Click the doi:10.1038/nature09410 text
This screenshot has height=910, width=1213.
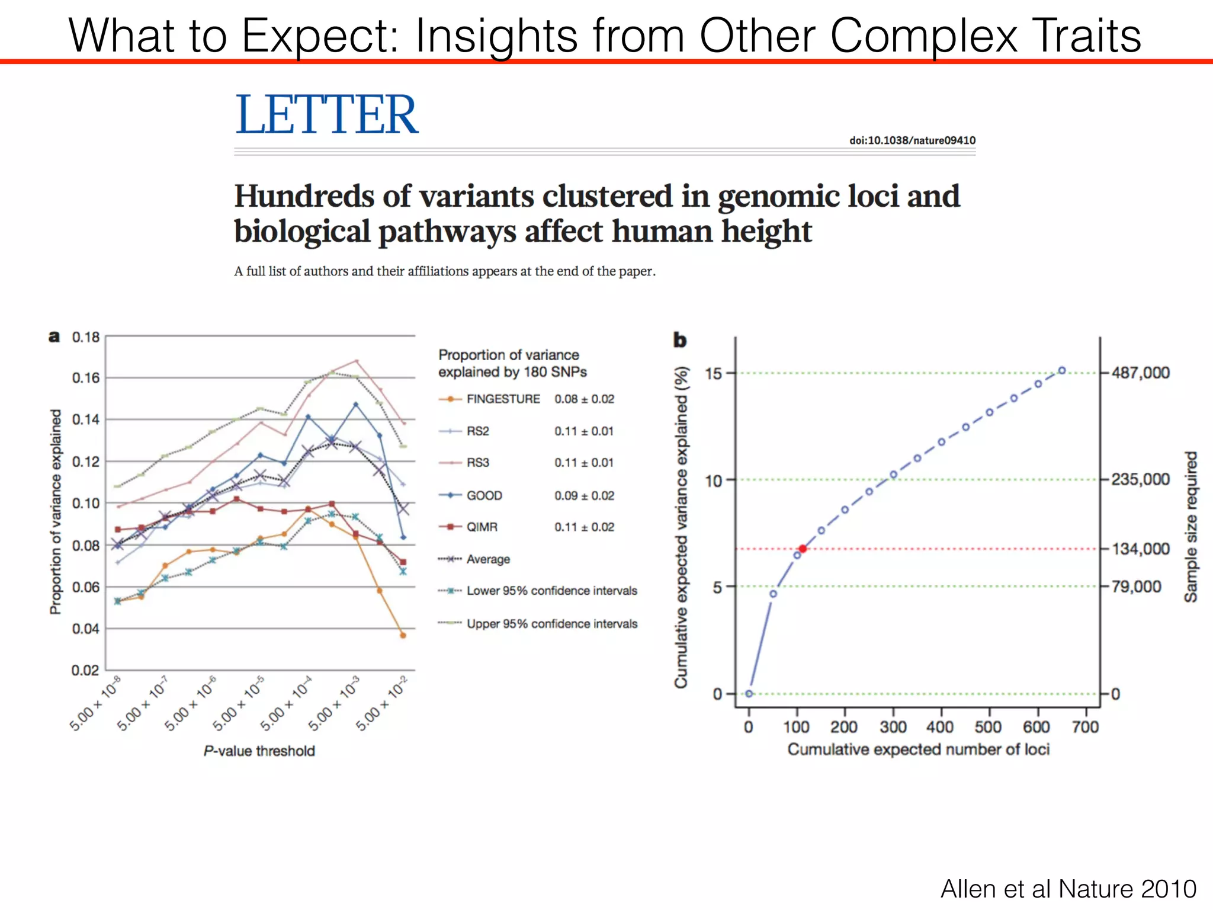(x=912, y=140)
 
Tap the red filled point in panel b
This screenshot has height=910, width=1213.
(x=803, y=549)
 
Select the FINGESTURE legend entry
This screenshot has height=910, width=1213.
(x=502, y=399)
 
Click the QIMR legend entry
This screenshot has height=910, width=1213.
(x=481, y=527)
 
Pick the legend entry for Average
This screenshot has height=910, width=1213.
(x=487, y=559)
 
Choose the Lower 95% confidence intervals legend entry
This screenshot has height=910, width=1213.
(x=551, y=591)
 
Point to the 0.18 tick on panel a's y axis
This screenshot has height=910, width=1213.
(x=86, y=337)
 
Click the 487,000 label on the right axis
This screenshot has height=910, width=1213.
(x=1140, y=373)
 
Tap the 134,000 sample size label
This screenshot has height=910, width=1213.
(x=1140, y=549)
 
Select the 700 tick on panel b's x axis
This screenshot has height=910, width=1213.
(x=1085, y=726)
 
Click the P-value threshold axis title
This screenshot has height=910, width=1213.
(x=259, y=751)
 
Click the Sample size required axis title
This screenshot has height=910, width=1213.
(x=1190, y=527)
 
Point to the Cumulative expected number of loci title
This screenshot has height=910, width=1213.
(x=918, y=749)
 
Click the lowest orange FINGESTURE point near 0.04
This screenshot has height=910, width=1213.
(x=403, y=635)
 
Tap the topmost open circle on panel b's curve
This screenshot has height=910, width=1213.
(x=1062, y=370)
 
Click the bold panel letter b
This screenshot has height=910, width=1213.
(x=679, y=340)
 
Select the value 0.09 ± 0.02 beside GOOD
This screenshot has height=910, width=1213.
(x=584, y=495)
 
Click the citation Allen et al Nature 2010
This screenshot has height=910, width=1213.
(x=1068, y=889)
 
